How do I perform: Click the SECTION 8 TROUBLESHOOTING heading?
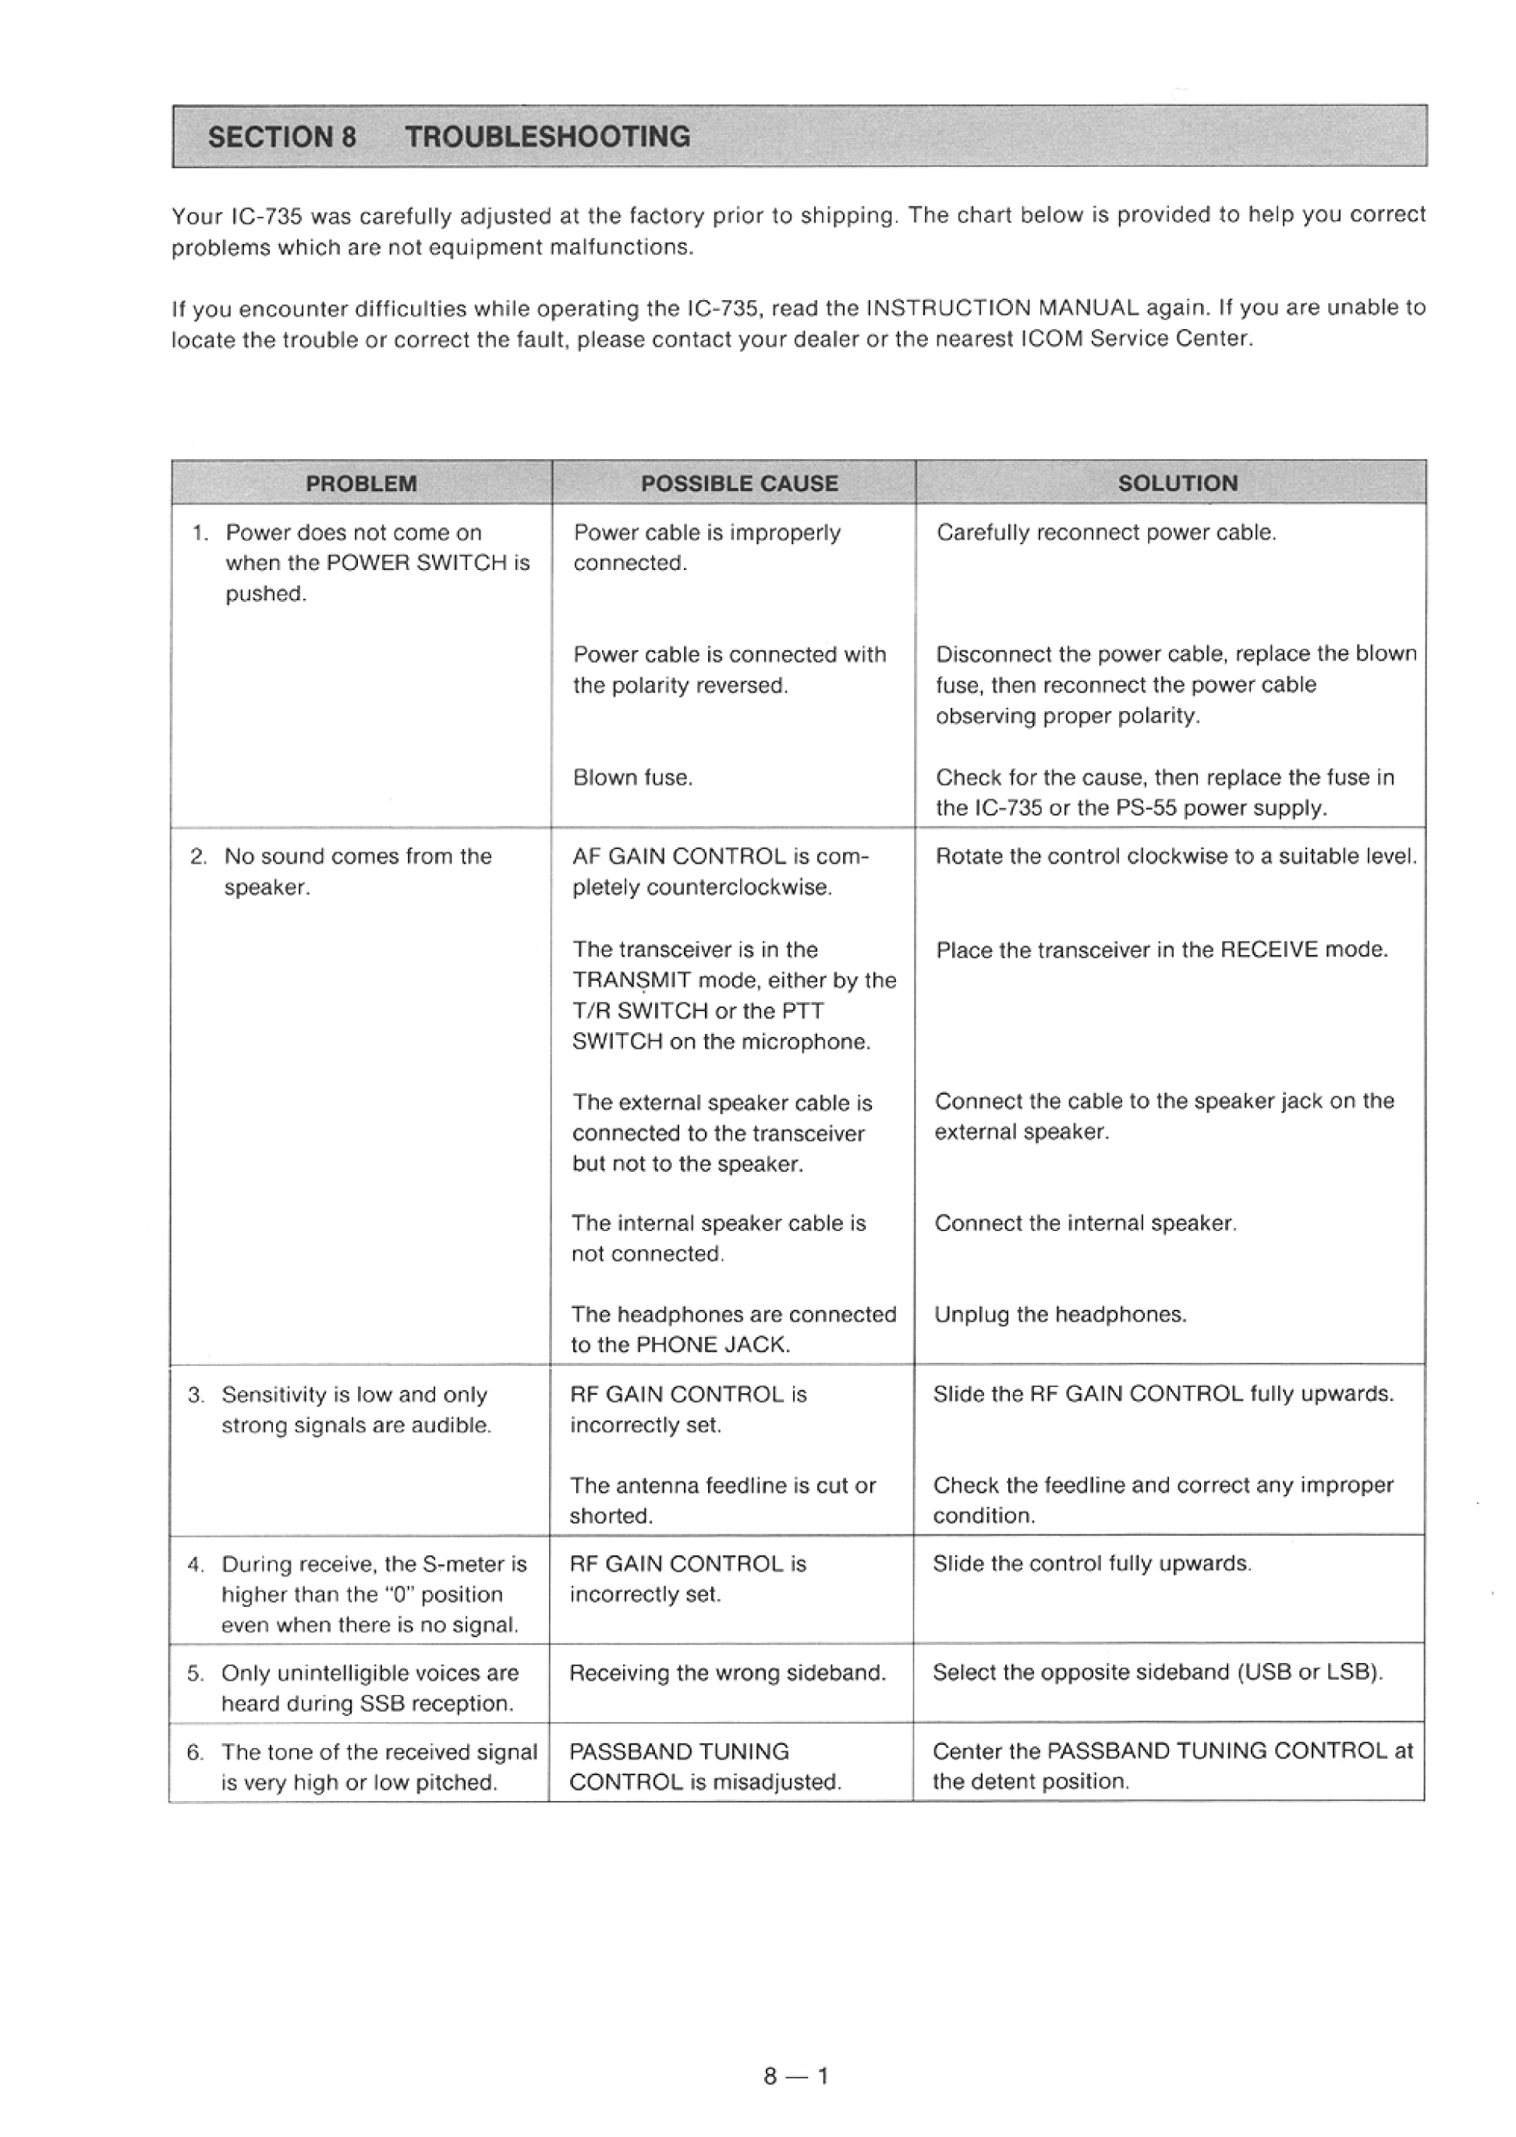tap(448, 137)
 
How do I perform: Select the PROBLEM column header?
tap(361, 483)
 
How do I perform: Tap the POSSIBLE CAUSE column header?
tap(739, 483)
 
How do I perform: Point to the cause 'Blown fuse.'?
tap(633, 777)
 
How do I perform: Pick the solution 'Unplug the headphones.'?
tap(1061, 1314)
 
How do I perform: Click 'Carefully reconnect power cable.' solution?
tap(1106, 532)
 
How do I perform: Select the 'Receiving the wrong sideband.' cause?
tap(727, 1673)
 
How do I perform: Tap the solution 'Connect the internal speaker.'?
tap(1086, 1223)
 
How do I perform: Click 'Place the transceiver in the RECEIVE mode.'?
tap(1162, 950)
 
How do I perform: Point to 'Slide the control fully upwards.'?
tap(1093, 1564)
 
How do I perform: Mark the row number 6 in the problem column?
tap(194, 1753)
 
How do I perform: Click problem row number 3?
tap(195, 1395)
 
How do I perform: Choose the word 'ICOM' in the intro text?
tap(1051, 338)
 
